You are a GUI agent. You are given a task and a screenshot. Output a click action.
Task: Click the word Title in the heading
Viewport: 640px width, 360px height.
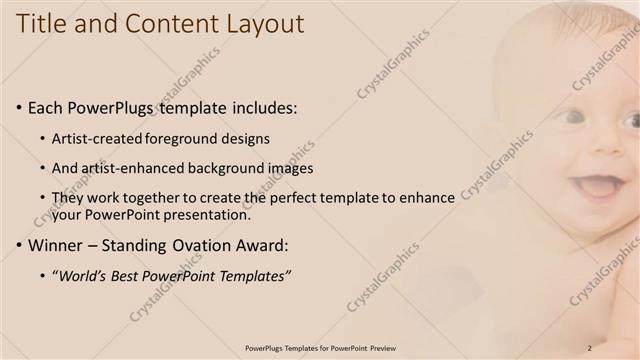tap(44, 24)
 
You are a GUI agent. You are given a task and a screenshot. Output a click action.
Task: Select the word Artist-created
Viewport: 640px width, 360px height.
tap(98, 138)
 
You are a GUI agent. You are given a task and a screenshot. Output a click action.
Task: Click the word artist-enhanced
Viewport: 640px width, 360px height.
tap(130, 168)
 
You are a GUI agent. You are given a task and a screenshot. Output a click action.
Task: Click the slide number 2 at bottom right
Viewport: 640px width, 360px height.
tap(590, 347)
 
